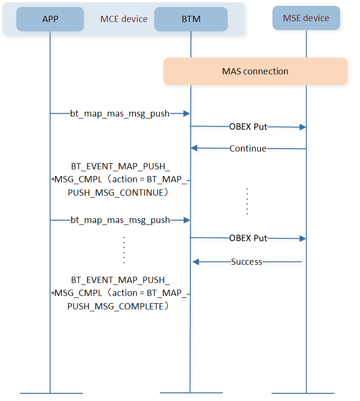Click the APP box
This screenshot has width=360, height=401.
pos(50,19)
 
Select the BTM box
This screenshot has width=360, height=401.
pos(191,19)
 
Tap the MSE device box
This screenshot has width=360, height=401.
pos(306,18)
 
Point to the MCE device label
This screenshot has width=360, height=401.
pos(124,19)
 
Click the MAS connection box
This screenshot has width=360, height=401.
pos(255,71)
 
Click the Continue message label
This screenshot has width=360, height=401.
pos(248,149)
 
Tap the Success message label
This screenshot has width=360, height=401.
pos(246,262)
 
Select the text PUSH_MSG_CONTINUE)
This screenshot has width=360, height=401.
pos(118,192)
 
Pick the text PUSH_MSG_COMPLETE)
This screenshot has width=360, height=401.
pos(118,306)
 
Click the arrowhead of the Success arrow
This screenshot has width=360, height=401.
pos(196,261)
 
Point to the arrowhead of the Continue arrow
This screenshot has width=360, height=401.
pos(194,148)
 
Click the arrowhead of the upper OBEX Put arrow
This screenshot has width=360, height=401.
pos(303,127)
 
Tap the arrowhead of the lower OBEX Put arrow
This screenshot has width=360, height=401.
pos(303,238)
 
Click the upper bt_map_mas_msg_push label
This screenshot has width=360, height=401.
pos(120,113)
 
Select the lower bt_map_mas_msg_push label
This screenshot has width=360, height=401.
pos(120,220)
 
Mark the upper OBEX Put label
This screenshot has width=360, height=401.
pos(248,127)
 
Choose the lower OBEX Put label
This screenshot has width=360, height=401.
pos(248,238)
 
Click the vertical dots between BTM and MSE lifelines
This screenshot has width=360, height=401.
pos(247,201)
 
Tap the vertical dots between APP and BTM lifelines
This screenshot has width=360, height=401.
pos(124,250)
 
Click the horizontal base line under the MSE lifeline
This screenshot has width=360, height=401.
pos(303,393)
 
